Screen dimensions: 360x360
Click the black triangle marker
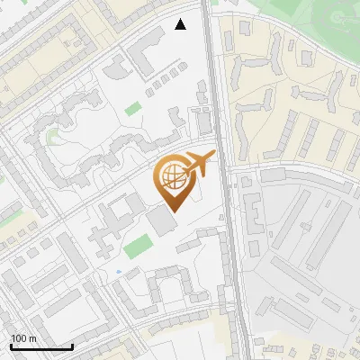pos(181,24)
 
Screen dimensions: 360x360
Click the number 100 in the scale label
pos(19,337)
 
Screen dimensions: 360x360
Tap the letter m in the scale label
pos(32,337)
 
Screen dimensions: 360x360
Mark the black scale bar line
pos(41,346)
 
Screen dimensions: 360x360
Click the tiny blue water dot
pos(119,270)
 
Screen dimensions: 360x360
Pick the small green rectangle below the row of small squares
pos(133,109)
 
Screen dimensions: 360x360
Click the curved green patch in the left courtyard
pos(52,137)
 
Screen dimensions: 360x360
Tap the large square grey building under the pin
pos(163,220)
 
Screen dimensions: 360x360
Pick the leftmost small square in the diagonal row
pos(148,91)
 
